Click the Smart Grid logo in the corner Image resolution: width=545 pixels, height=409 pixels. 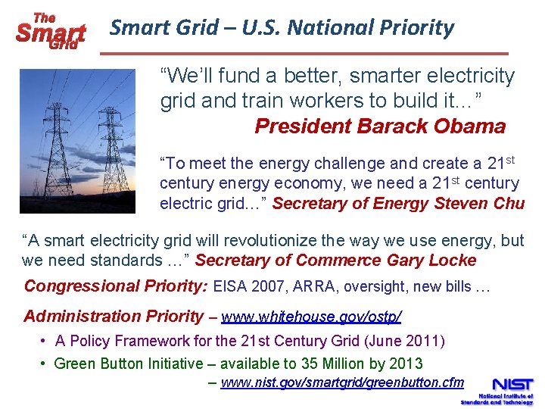point(50,30)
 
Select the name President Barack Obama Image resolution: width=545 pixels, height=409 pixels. point(380,126)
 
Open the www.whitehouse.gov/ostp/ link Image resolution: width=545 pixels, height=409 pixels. point(311,317)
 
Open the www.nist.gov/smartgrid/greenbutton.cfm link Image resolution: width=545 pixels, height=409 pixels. point(342,382)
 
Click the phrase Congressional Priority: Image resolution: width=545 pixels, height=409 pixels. point(116,286)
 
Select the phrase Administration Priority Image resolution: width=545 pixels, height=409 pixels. point(114,317)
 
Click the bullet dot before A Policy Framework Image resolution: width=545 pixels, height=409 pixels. point(45,342)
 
